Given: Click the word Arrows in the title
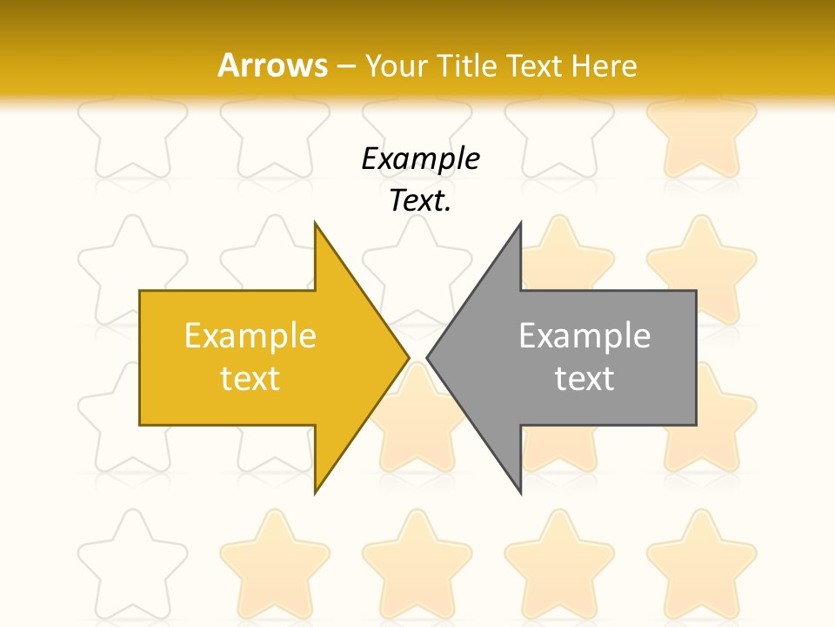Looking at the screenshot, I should [272, 65].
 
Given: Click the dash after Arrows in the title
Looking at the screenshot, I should [345, 66].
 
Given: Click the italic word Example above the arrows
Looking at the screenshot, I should [420, 158].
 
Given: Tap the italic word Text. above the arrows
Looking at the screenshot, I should [420, 200].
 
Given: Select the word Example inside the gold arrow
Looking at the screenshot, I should [250, 336].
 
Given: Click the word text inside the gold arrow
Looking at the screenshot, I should [250, 379].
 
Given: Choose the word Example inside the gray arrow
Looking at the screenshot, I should [584, 336].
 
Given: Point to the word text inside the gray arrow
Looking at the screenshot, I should [584, 379].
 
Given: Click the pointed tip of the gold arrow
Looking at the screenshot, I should [408, 357].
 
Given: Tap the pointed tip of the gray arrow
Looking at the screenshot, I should [428, 357].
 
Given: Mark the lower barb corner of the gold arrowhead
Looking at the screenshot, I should [316, 492].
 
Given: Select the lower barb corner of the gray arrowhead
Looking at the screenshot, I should [520, 492].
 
